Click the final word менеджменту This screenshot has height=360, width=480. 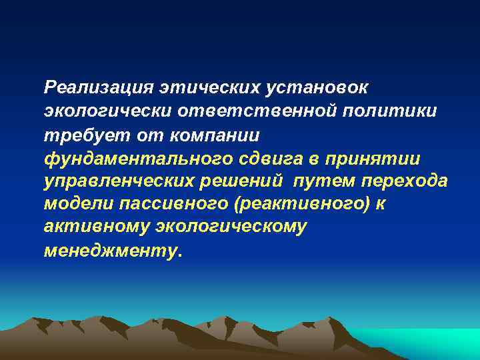point(111,251)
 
